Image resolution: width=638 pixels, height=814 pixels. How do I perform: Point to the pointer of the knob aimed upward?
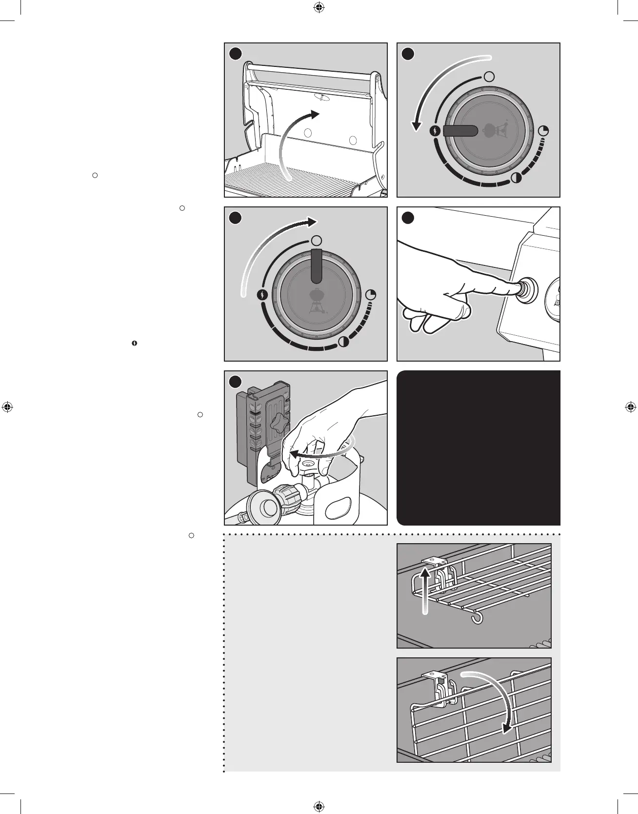pyautogui.click(x=317, y=266)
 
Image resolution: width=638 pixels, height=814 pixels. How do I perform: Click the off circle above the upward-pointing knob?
pyautogui.click(x=317, y=241)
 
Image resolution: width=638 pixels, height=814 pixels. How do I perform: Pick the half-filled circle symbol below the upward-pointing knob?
pyautogui.click(x=344, y=342)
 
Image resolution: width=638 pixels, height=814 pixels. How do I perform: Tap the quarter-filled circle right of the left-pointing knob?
pyautogui.click(x=544, y=131)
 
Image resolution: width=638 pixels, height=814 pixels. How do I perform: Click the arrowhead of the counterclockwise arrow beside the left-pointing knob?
pyautogui.click(x=416, y=126)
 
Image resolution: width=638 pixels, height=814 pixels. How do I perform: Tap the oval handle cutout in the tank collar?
pyautogui.click(x=341, y=508)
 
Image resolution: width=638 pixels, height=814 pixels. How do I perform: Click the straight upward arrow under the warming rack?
pyautogui.click(x=426, y=590)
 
